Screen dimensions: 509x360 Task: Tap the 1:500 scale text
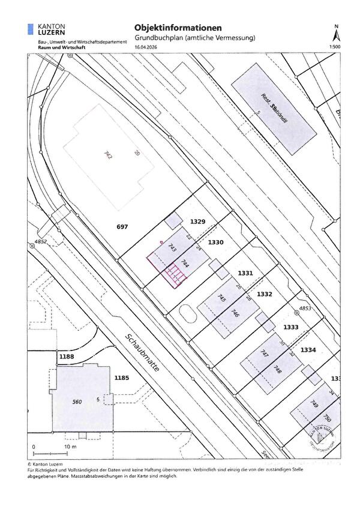click(335, 46)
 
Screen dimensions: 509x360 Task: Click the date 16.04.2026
click(145, 46)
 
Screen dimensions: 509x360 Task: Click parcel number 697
click(122, 227)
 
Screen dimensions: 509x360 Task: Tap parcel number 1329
click(198, 222)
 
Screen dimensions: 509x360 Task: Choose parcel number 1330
click(215, 242)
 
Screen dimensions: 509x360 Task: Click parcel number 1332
click(265, 294)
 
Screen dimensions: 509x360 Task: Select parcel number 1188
click(66, 357)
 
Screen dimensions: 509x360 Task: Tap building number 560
click(76, 402)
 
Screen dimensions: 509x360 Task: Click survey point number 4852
click(40, 242)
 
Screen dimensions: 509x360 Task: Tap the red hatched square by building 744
click(174, 276)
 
